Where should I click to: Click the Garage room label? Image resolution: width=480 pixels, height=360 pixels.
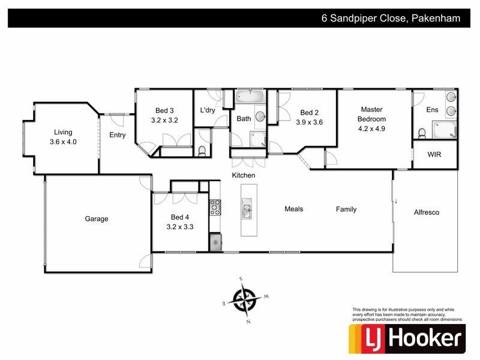[x=96, y=219]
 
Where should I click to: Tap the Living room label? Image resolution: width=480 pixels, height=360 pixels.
[x=63, y=132]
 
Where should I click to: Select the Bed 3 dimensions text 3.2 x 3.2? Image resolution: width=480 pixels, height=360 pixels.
[x=164, y=121]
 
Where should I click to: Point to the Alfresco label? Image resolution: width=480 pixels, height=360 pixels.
[x=427, y=212]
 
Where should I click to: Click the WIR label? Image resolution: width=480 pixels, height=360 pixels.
[x=434, y=154]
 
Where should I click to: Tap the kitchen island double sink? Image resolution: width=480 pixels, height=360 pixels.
[x=247, y=209]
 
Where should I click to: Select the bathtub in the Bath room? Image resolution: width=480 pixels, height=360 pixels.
[x=248, y=97]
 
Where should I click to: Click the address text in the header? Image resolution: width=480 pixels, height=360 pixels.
[x=390, y=18]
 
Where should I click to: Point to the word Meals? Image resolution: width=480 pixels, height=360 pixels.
[x=293, y=209]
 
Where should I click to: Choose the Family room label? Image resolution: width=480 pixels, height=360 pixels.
[x=346, y=209]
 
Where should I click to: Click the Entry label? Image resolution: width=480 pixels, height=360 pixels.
[x=118, y=135]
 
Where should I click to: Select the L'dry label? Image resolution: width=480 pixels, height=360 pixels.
[x=208, y=110]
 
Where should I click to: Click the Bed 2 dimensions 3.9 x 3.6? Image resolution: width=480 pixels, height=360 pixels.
[x=310, y=122]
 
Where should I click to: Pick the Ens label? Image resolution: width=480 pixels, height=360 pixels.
[x=432, y=110]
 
